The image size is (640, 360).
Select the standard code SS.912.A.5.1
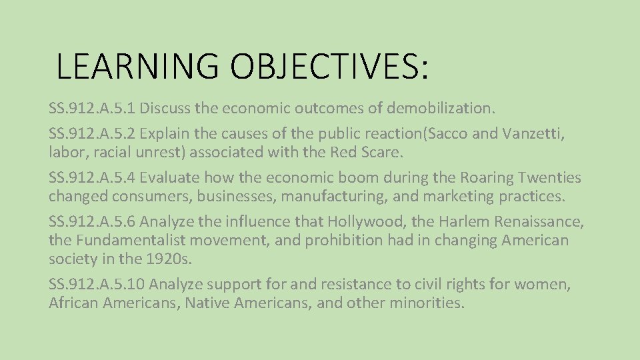(x=92, y=107)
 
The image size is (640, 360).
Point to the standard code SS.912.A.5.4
(x=93, y=178)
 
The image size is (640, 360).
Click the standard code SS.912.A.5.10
(x=97, y=285)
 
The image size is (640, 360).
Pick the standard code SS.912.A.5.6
(x=93, y=222)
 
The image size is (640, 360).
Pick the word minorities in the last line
(x=419, y=303)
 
